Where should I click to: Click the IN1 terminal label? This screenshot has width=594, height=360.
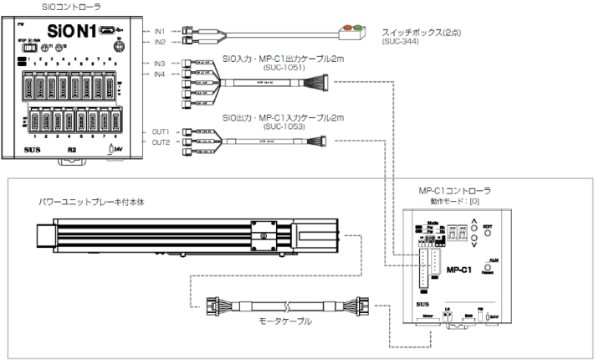(159, 30)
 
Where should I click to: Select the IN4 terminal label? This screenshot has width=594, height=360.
(159, 75)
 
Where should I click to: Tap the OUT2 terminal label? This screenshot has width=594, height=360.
(161, 142)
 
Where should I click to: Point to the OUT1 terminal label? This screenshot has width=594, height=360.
(161, 131)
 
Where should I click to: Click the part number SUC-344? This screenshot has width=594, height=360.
(398, 40)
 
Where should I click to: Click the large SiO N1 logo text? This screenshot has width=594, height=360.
(68, 31)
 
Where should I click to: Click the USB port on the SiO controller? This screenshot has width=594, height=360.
(107, 31)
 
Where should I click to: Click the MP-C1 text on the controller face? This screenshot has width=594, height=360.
(461, 270)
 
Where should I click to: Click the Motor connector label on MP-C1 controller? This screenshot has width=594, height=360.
(427, 316)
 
